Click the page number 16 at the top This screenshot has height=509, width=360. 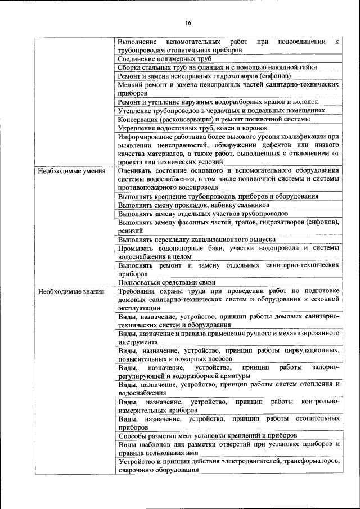pyautogui.click(x=187, y=22)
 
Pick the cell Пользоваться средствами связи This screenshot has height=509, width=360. pyautogui.click(x=168, y=282)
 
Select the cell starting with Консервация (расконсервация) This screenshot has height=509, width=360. pyautogui.click(x=214, y=119)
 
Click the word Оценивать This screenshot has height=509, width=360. pyautogui.click(x=137, y=170)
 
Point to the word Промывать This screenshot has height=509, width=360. pyautogui.click(x=138, y=248)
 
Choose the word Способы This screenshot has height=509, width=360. pyautogui.click(x=134, y=435)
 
